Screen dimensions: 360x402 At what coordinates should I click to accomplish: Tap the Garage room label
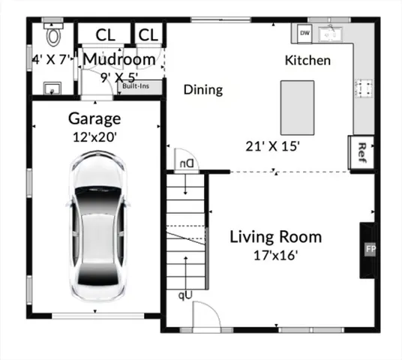coord(94,118)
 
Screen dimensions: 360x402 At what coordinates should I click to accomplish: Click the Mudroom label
coord(119,58)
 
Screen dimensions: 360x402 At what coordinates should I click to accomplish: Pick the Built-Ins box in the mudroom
coord(146,86)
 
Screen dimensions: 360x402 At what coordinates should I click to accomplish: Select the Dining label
coord(203,90)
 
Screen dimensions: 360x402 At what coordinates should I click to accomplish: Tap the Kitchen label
coord(307,60)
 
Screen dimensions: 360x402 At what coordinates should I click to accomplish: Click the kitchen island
coord(298,106)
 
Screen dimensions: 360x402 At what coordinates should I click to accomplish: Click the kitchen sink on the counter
coord(329,34)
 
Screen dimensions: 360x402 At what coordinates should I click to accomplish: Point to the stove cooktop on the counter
coord(364,88)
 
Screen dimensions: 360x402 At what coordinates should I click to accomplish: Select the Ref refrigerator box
coord(361,149)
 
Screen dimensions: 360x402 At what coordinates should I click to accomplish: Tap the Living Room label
coord(275,237)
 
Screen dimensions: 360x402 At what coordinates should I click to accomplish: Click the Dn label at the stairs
coord(184,162)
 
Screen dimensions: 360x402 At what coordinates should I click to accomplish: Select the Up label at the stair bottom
coord(184,295)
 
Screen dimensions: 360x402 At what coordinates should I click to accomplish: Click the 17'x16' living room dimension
coord(275,255)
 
